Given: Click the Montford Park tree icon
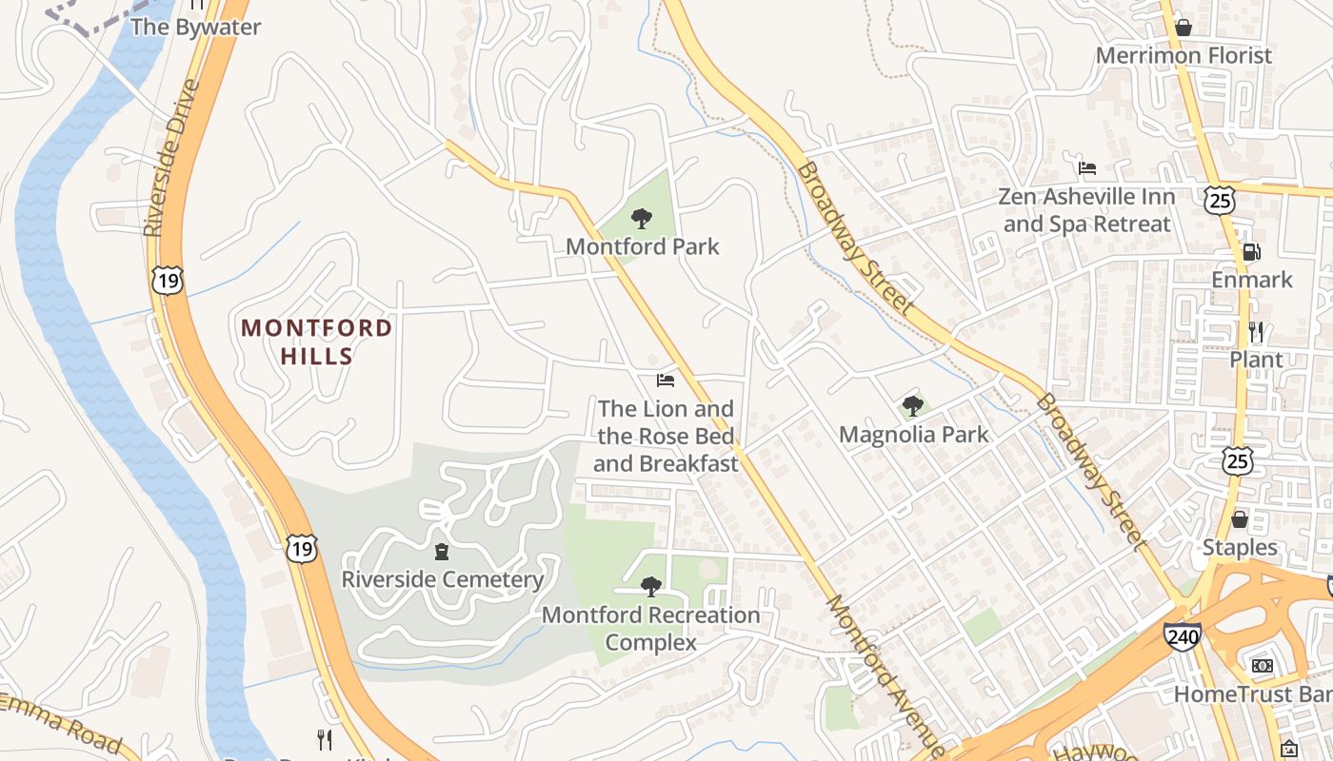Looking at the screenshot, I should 642,219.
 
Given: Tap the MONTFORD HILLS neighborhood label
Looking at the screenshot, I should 316,342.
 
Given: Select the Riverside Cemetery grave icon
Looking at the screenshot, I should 441,552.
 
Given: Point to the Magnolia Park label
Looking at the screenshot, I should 913,435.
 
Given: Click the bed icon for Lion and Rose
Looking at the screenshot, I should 666,380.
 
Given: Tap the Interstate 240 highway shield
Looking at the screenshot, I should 1182,635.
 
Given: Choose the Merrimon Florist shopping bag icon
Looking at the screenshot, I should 1184,28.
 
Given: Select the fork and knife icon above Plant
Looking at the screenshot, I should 1256,332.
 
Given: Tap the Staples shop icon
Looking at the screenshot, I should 1240,519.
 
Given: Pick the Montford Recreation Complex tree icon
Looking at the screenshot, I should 650,587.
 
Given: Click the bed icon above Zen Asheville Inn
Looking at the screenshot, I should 1087,168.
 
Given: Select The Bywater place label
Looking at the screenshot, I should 195,27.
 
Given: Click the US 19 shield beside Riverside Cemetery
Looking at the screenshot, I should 301,547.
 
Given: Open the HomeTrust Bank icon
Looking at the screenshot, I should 1263,666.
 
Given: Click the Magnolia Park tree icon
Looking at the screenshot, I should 913,406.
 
